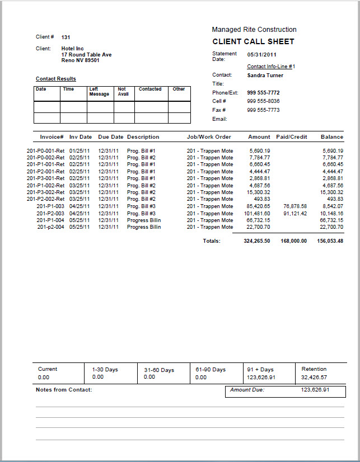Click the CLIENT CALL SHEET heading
coord(253,41)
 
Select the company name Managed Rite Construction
coord(254,30)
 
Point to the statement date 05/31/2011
coord(262,55)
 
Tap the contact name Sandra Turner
coord(265,75)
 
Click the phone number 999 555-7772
coord(263,93)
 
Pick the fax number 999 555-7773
coord(263,110)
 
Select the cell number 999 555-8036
coord(263,101)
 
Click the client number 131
coord(66,37)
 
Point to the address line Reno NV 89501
coord(80,60)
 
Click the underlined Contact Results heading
coord(56,79)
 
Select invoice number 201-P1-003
coord(50,206)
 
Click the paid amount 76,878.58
coord(295,206)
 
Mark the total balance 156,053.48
coord(330,241)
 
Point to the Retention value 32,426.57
coord(314,378)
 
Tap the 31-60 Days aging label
coord(159,370)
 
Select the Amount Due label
coord(247,390)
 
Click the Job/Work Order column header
coord(209,137)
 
